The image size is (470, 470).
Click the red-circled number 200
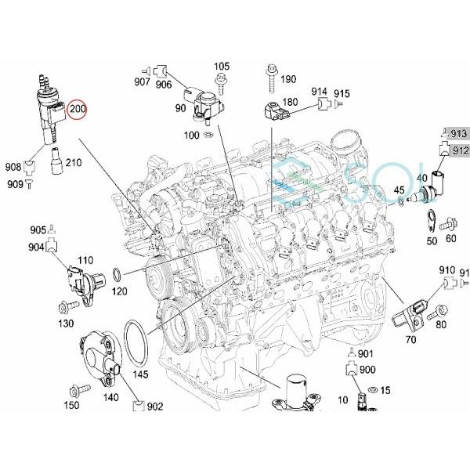point(78,110)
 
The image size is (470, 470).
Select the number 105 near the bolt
point(222,66)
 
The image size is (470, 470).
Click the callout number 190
point(287,79)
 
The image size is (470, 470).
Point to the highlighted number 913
point(459,135)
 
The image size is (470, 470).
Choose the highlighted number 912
point(459,150)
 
